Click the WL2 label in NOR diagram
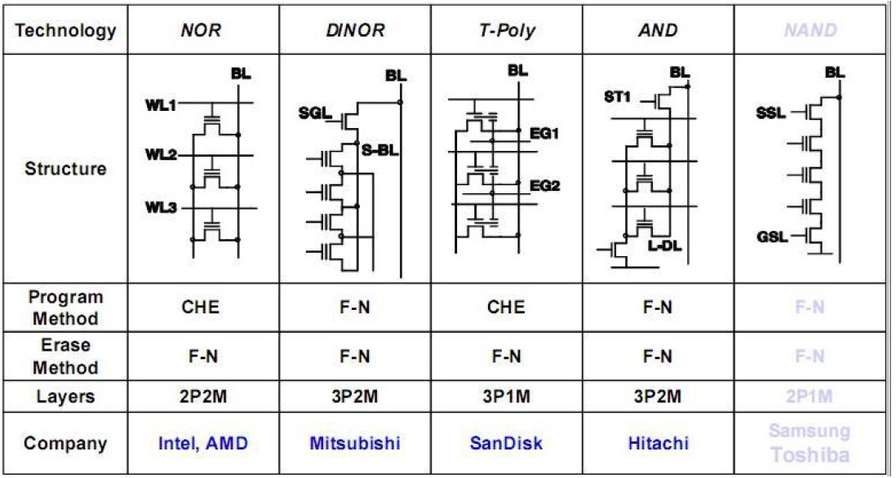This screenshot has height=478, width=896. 166,154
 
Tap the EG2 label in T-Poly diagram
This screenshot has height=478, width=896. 544,185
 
